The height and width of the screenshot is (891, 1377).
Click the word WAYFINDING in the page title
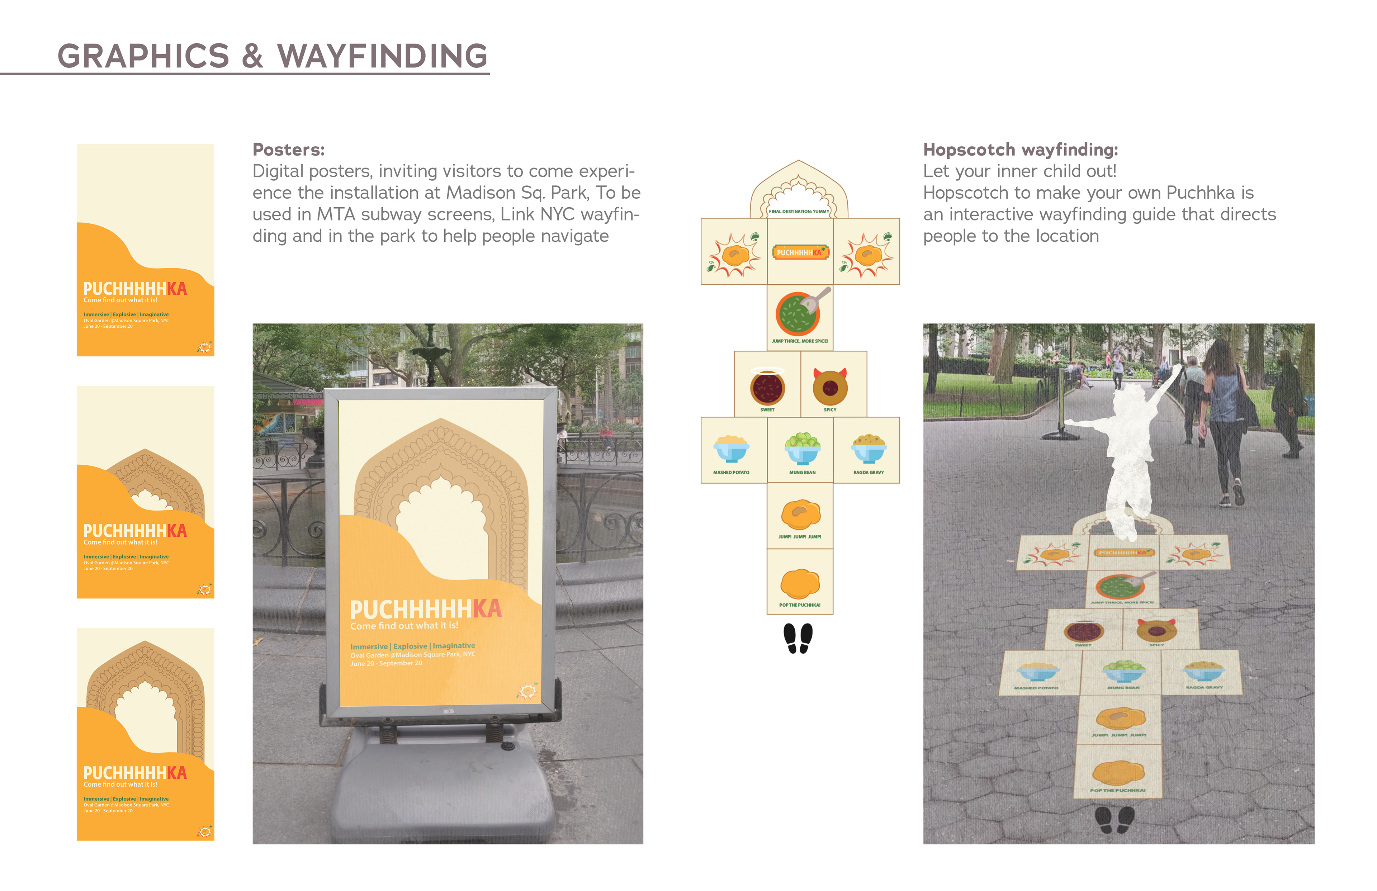[x=382, y=56]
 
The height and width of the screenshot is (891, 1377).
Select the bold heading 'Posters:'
[x=288, y=150]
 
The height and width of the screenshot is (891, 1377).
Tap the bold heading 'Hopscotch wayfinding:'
[x=1020, y=150]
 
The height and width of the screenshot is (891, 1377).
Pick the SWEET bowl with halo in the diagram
[x=767, y=387]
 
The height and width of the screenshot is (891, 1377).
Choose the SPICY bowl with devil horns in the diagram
[x=830, y=387]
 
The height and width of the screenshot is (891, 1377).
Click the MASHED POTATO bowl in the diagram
[x=731, y=449]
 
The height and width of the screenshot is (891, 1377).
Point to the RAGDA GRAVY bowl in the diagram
[x=869, y=449]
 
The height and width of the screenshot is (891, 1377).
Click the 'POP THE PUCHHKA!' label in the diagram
[x=800, y=605]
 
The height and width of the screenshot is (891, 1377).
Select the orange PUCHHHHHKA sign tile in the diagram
[x=800, y=252]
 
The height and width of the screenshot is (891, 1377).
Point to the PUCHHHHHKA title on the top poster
[x=135, y=289]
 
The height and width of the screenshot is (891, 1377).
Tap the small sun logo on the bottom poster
[x=205, y=831]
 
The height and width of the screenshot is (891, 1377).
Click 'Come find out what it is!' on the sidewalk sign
[x=404, y=626]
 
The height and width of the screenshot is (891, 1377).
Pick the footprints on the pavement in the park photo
[x=1114, y=820]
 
